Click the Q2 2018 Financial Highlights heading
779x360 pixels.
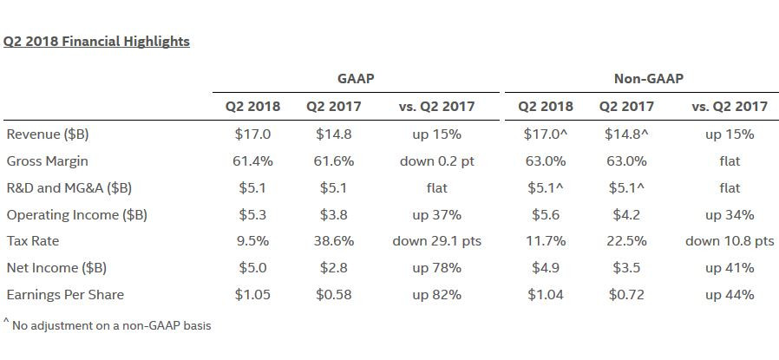tap(96, 42)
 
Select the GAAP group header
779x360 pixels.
tap(355, 78)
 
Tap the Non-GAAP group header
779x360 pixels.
tap(648, 78)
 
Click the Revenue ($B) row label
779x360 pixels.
tap(48, 134)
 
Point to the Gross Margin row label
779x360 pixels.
tap(47, 161)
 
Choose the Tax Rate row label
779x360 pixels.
tap(33, 241)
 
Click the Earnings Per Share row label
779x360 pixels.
tap(65, 294)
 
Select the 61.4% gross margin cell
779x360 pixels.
tap(252, 161)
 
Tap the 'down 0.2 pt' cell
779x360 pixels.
tap(436, 161)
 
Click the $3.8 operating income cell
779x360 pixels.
tap(333, 214)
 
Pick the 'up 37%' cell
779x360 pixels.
tap(436, 215)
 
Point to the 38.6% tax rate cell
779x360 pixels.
tap(334, 241)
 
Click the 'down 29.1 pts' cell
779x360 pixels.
tap(436, 241)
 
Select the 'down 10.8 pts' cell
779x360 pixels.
tap(730, 241)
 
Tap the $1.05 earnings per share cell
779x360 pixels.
tap(252, 294)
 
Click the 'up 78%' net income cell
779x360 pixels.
tap(436, 268)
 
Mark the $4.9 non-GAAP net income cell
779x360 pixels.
tap(546, 268)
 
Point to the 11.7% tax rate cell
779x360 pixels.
tap(546, 241)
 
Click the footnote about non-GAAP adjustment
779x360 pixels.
tap(108, 325)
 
